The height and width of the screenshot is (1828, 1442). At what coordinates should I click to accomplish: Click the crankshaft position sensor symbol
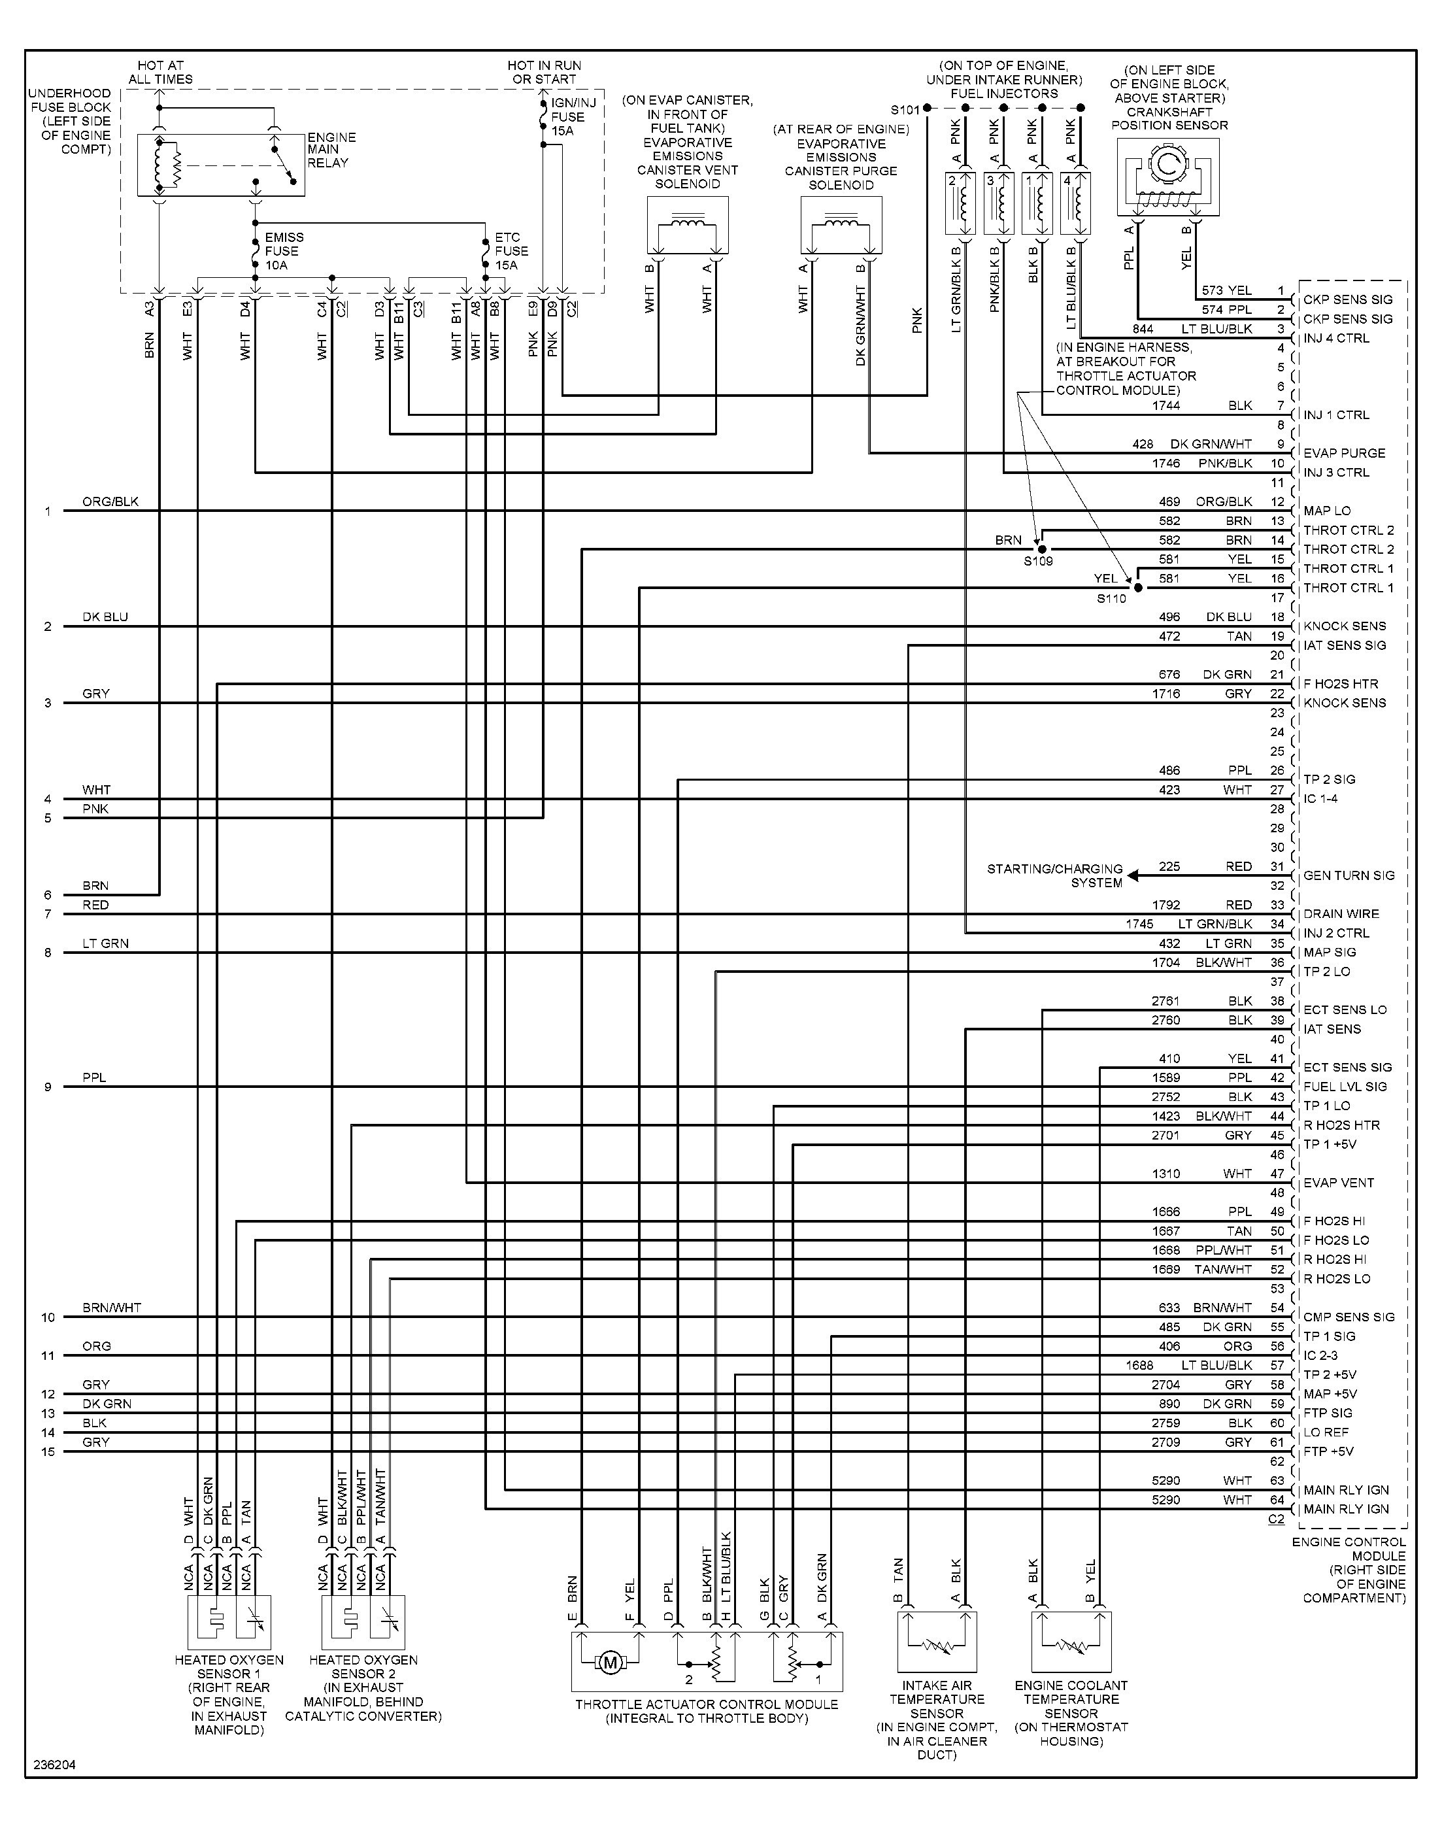click(x=1167, y=177)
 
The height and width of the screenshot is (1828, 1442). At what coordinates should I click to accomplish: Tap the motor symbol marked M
click(x=611, y=1663)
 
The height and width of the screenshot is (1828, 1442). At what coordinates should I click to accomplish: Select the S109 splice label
click(x=1039, y=561)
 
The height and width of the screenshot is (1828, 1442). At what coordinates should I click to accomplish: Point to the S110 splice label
click(x=1111, y=599)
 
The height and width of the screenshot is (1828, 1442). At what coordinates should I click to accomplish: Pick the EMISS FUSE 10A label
click(x=284, y=251)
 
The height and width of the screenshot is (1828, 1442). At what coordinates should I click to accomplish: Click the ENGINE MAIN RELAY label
click(x=332, y=150)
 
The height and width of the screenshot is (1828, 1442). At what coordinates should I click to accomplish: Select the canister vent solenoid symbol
click(x=687, y=226)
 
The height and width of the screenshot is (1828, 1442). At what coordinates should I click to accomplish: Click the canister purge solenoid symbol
click(x=841, y=226)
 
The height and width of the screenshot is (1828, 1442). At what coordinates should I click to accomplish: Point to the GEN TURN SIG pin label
click(x=1349, y=875)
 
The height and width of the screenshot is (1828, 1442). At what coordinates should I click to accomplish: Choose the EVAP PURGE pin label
click(x=1344, y=452)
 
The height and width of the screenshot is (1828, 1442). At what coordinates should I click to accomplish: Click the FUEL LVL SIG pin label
click(x=1345, y=1087)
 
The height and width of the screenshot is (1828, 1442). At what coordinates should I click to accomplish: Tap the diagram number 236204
click(x=55, y=1765)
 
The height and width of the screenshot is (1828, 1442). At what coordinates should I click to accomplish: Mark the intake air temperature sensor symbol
click(x=936, y=1642)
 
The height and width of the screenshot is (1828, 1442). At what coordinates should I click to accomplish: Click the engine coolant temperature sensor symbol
click(x=1071, y=1642)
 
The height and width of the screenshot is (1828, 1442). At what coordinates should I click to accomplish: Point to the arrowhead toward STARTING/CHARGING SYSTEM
click(x=1133, y=875)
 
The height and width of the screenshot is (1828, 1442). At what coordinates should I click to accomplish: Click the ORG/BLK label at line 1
click(x=110, y=501)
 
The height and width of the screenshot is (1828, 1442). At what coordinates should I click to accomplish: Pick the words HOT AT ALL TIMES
click(x=160, y=73)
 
